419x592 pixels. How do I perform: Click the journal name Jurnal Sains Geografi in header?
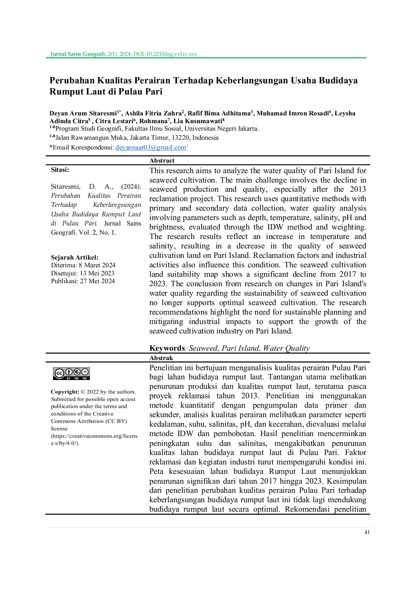(x=78, y=54)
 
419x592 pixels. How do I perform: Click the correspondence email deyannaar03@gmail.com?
(x=151, y=147)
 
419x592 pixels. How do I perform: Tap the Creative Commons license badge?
(x=71, y=373)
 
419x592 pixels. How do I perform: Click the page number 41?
(x=367, y=532)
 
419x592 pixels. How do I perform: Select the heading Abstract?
(x=162, y=161)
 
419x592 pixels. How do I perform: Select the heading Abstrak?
(x=161, y=358)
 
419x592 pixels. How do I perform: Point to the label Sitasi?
(x=60, y=170)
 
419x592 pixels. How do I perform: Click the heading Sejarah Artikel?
(x=75, y=257)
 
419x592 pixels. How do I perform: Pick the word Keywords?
(x=167, y=348)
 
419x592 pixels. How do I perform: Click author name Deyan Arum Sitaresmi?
(x=83, y=113)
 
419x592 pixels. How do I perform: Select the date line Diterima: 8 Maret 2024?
(x=83, y=265)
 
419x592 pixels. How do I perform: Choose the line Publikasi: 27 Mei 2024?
(x=83, y=281)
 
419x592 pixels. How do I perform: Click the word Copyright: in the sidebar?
(x=65, y=392)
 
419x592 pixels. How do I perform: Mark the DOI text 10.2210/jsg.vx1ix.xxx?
(x=171, y=54)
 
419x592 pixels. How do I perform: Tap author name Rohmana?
(x=154, y=121)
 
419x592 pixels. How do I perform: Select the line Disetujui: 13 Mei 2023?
(x=83, y=273)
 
